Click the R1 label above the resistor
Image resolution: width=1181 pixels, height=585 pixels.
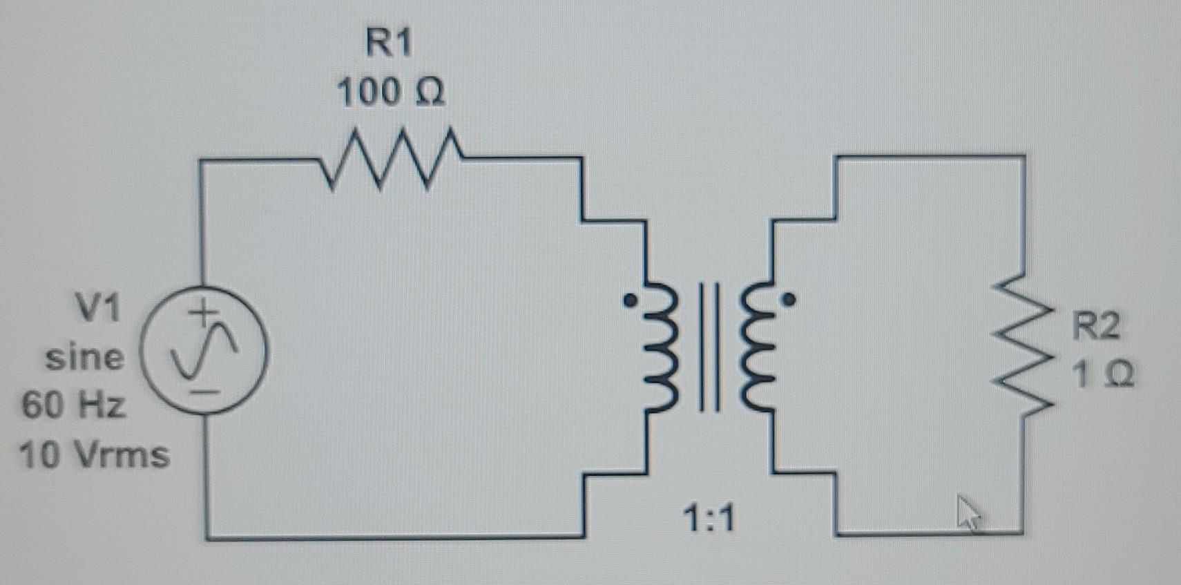pos(389,43)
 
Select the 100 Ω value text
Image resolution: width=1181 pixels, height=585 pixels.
pos(391,92)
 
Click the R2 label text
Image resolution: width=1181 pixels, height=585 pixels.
pos(1095,326)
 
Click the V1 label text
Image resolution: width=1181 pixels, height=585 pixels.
pos(97,308)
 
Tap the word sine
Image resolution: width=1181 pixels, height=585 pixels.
pos(85,357)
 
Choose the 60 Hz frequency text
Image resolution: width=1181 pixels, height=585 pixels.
pos(74,405)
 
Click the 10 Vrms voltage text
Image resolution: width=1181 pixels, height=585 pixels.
pos(95,455)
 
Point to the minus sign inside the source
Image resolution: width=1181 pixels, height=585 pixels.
pos(204,392)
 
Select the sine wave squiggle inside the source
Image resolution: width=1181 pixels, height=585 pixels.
pos(205,352)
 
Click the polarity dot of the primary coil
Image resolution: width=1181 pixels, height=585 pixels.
pos(630,301)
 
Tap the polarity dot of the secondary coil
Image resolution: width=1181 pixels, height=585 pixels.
pos(789,300)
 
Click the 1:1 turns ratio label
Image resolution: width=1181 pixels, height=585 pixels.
pos(709,518)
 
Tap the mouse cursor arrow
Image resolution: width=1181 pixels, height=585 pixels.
pos(968,512)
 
